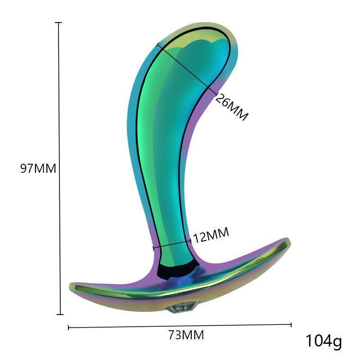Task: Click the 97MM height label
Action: (38, 169)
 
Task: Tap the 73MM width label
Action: (186, 335)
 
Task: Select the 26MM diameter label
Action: (231, 107)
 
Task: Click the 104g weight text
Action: (324, 341)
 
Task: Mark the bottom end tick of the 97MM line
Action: (58, 315)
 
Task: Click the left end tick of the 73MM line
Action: (68, 328)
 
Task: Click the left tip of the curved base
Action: (72, 287)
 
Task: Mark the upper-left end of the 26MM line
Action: (157, 44)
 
